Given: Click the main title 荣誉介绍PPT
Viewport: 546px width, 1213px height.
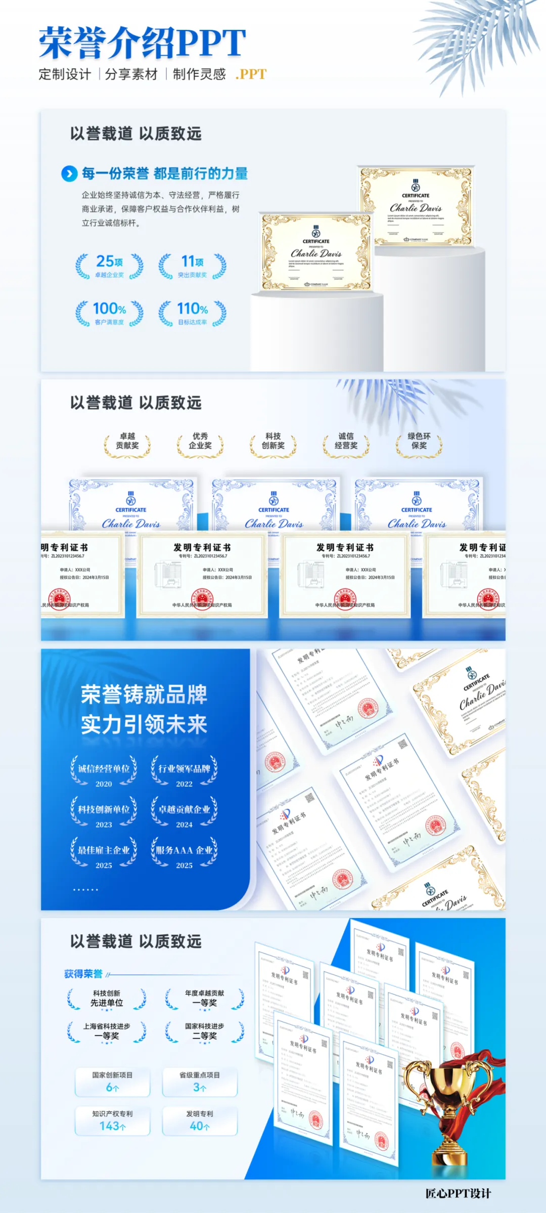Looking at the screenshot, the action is click(143, 44).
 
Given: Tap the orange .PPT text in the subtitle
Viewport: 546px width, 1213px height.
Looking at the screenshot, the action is click(251, 74).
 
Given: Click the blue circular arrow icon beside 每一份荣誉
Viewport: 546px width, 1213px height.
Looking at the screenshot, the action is click(69, 174).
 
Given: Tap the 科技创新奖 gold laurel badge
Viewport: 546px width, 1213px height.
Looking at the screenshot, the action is click(273, 442).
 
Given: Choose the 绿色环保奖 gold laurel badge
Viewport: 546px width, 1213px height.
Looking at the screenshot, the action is click(419, 442).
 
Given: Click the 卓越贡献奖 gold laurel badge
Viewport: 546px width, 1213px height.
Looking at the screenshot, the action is click(127, 442).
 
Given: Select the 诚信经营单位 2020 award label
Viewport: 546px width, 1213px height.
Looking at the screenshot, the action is click(104, 774).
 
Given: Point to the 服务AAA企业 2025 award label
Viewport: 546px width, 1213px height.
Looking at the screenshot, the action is click(184, 855).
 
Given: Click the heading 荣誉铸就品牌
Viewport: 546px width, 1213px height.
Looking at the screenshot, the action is click(144, 695).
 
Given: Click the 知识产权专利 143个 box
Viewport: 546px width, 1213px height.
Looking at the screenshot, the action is click(113, 1120).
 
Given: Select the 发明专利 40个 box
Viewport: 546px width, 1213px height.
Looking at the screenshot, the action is click(200, 1120).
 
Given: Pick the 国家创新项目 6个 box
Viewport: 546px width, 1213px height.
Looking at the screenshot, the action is click(113, 1082).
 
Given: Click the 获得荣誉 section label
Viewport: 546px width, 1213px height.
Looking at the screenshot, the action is click(83, 974).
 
